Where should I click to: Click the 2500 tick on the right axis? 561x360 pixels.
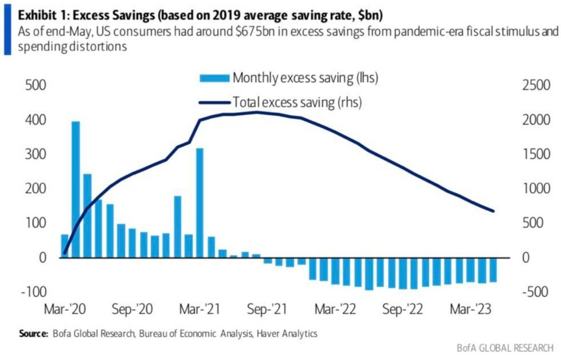coord(536,86)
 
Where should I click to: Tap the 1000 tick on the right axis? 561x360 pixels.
coord(536,189)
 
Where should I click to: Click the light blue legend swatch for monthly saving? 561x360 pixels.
coord(215,78)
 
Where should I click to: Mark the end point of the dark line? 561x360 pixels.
coord(493,211)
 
